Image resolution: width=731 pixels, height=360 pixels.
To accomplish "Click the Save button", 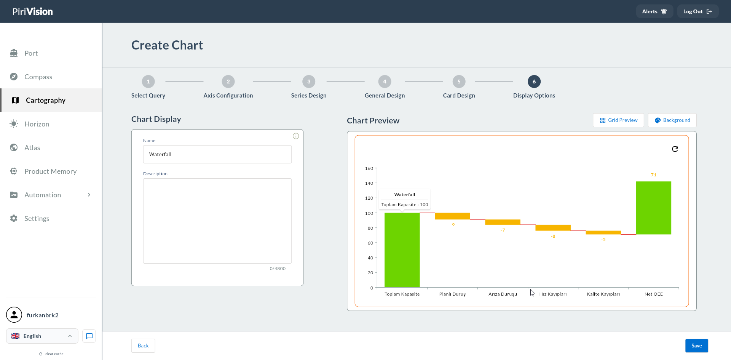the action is [x=696, y=346].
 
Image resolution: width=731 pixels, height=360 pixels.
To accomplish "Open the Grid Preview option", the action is [x=618, y=120].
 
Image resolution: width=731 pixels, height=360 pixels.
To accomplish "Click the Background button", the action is [x=672, y=120].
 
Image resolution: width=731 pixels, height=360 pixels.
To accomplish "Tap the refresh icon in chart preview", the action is [x=675, y=149].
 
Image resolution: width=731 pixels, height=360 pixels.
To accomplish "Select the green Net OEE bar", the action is [x=653, y=208].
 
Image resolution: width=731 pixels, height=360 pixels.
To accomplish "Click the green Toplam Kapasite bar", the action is [x=402, y=250].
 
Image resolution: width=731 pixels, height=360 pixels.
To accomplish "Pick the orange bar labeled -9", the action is [x=452, y=216].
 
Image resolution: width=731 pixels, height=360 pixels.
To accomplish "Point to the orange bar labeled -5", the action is [x=603, y=232].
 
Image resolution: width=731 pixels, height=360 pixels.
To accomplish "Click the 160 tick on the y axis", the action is [x=369, y=168].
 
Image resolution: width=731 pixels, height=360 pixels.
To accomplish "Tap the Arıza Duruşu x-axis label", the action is [x=503, y=294].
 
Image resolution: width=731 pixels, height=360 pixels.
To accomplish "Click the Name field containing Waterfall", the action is [x=217, y=154].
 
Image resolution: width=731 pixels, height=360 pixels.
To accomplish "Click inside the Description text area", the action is [x=217, y=221].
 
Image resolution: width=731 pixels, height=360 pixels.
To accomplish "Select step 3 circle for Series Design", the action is [x=309, y=82].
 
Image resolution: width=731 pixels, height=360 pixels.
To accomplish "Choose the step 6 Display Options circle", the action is [x=534, y=82].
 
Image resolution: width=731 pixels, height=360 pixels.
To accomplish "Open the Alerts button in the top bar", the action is [x=654, y=11].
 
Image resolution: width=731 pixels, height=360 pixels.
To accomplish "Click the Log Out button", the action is [x=697, y=11].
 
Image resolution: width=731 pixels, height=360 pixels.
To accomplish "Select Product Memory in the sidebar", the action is [x=51, y=171].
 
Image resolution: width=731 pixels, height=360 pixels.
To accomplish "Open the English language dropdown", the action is [x=42, y=336].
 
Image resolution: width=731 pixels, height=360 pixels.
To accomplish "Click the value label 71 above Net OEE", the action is [x=654, y=175].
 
